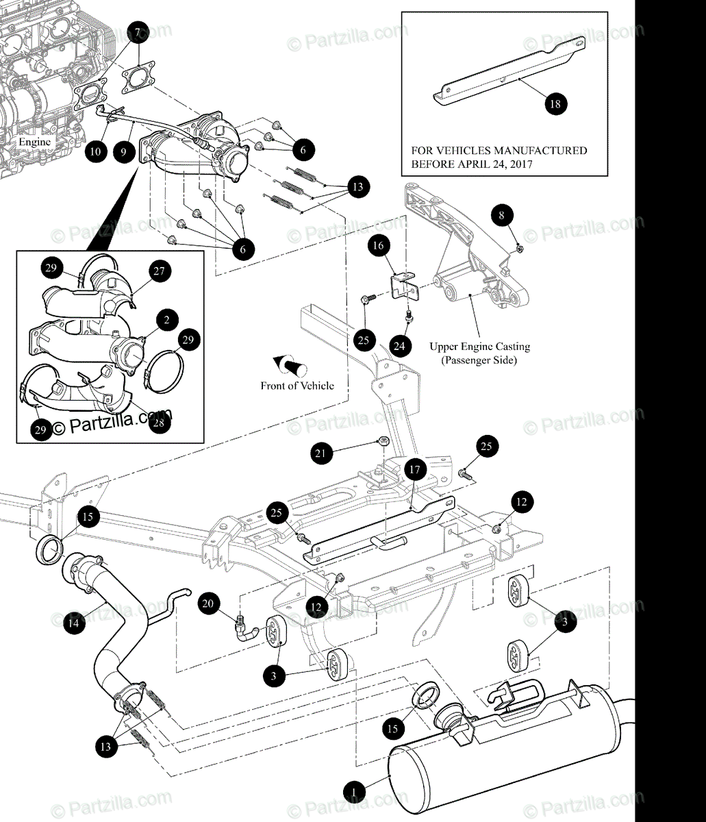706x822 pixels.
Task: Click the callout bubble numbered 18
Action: [555, 103]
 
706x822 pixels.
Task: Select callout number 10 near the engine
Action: [97, 151]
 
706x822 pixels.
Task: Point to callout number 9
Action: [123, 151]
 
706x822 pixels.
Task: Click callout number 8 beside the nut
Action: [502, 215]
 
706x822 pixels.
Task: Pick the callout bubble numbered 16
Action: [379, 245]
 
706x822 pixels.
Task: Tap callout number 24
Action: [399, 346]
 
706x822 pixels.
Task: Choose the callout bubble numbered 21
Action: [323, 452]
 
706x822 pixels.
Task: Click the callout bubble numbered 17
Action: [415, 470]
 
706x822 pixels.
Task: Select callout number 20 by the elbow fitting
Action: [208, 603]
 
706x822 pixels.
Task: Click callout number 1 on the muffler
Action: [354, 792]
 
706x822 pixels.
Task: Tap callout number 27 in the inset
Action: [159, 271]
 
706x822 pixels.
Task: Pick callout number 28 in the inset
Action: [159, 423]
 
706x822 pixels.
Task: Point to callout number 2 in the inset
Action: [167, 319]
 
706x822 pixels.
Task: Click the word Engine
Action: [34, 142]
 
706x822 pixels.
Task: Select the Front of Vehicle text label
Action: [297, 386]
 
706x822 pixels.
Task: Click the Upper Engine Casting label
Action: [479, 347]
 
